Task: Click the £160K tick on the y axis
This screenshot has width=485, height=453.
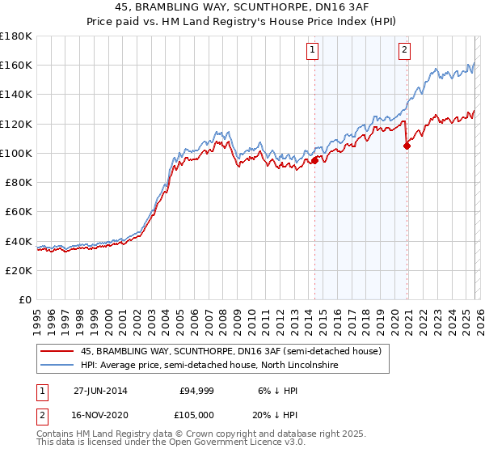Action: click(x=16, y=65)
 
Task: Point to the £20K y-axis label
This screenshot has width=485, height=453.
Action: click(x=19, y=270)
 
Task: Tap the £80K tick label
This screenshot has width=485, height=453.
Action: click(x=19, y=182)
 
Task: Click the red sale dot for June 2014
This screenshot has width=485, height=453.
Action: click(x=314, y=160)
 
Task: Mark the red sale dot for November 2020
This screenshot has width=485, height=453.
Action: click(x=407, y=146)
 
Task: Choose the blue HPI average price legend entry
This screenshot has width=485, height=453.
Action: click(x=210, y=366)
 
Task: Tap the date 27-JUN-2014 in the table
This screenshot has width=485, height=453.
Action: click(x=99, y=390)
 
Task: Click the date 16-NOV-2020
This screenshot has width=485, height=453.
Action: click(x=99, y=414)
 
